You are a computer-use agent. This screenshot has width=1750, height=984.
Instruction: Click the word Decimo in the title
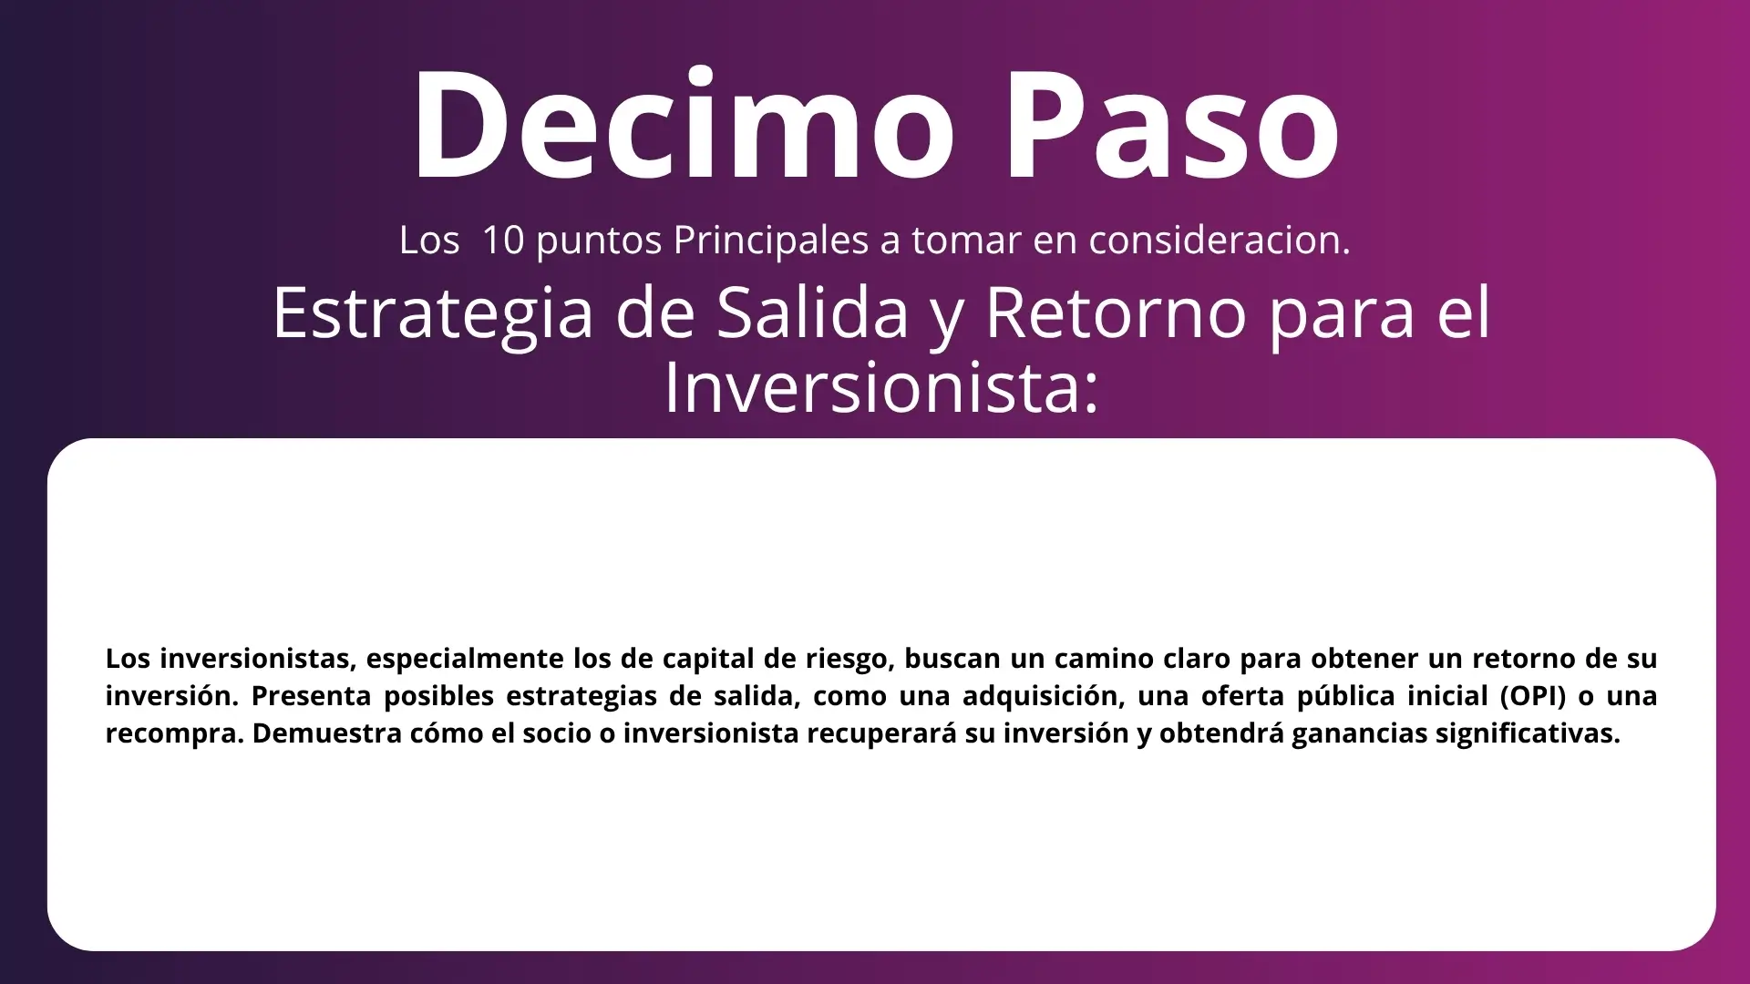(x=684, y=124)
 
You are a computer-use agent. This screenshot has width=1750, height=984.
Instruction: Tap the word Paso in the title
(x=1173, y=124)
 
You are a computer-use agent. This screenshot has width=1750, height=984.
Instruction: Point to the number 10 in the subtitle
(x=503, y=240)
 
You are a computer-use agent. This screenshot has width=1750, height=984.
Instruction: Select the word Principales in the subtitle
(x=771, y=241)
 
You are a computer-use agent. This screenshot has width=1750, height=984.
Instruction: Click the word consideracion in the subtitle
(x=1220, y=240)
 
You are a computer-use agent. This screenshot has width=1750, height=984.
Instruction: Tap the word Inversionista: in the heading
(x=881, y=387)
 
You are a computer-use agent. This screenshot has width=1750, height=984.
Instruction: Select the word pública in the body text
(x=1342, y=697)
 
